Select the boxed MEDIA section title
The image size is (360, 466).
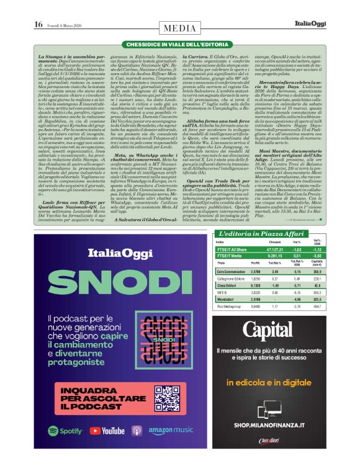[180, 28]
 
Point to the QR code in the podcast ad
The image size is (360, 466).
[171, 398]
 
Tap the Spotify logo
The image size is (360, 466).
[65, 430]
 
